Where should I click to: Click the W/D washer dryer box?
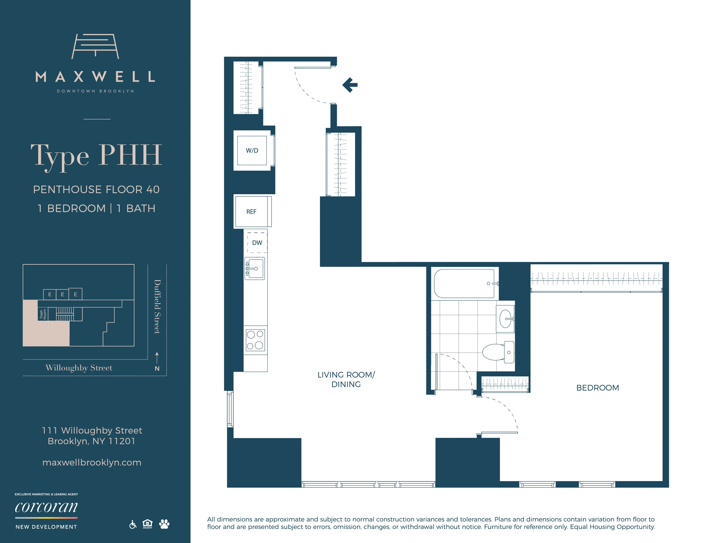tap(252, 150)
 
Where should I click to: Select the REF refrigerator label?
tap(251, 212)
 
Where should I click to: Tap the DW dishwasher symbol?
tap(257, 243)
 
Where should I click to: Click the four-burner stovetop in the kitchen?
tap(255, 340)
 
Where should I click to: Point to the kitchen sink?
tap(255, 268)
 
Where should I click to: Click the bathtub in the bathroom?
tap(464, 283)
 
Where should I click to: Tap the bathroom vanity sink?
tap(505, 319)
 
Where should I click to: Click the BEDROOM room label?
tap(597, 388)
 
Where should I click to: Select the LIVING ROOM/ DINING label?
tap(346, 380)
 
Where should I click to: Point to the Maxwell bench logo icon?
tap(95, 46)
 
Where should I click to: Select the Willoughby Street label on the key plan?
tap(79, 368)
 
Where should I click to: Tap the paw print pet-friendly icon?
tap(164, 524)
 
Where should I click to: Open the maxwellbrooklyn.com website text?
tap(92, 462)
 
